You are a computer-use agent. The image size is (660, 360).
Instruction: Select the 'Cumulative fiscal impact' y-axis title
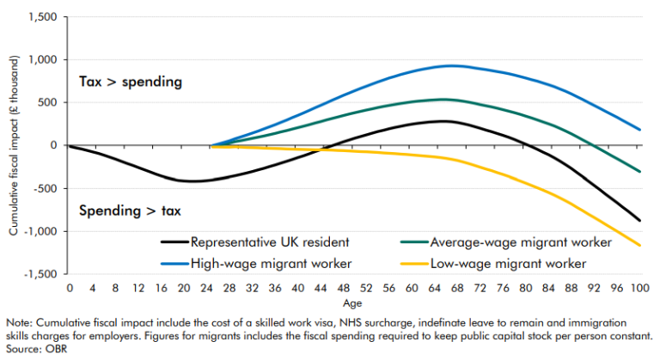(10, 145)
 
